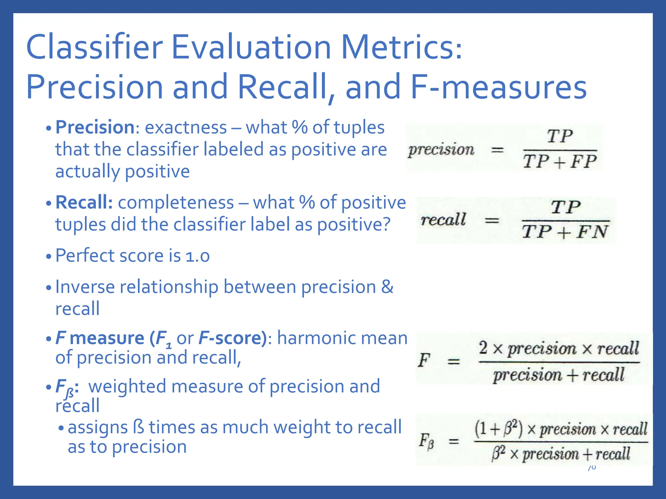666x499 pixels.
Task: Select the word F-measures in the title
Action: point(499,87)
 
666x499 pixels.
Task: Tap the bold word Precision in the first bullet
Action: point(95,127)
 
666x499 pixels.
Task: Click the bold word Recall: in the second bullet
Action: point(84,202)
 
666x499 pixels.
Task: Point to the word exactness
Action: point(186,127)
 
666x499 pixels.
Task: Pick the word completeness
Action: point(176,202)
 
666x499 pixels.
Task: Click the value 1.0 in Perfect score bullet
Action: point(197,256)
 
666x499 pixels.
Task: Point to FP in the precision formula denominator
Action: point(584,161)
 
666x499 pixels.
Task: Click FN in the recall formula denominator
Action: point(592,232)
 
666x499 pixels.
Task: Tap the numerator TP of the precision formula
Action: point(560,136)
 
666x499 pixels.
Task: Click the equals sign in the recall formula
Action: point(492,221)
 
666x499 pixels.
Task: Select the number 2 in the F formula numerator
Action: point(483,348)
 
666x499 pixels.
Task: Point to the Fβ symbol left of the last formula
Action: point(426,441)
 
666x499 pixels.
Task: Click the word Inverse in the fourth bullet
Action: point(85,287)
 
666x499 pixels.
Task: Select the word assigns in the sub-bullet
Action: point(98,427)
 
